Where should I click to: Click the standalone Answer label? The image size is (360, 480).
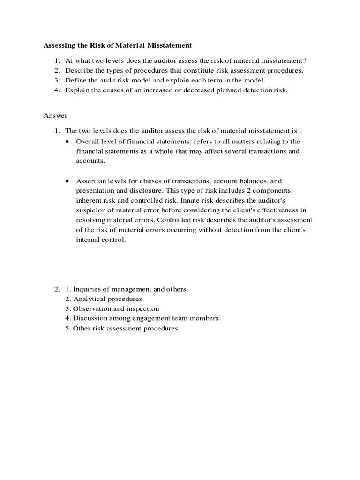coord(56,115)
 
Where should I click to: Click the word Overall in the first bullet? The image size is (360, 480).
coord(87,141)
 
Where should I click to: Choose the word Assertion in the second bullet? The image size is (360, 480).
coord(91,180)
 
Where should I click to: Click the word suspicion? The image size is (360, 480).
coord(91,210)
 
